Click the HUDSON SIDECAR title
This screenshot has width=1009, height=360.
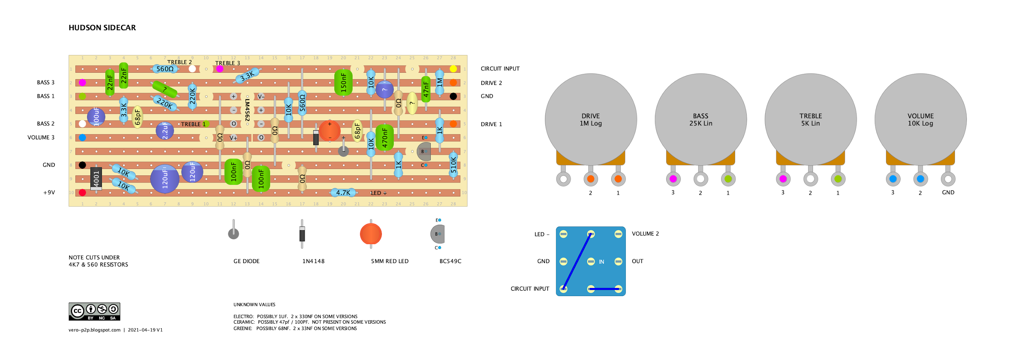click(102, 28)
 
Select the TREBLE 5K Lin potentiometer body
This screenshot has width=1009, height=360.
click(810, 119)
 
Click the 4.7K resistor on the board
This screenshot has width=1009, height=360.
click(343, 192)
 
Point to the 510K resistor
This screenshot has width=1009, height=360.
click(453, 165)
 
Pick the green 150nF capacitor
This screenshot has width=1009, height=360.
click(343, 82)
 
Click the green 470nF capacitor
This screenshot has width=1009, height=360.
click(384, 137)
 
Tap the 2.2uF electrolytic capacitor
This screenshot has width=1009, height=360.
click(165, 131)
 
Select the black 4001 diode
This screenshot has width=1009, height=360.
click(96, 178)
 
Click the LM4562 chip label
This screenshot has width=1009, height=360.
click(247, 110)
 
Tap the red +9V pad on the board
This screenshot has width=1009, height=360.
click(82, 192)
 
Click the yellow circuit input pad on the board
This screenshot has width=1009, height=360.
click(453, 69)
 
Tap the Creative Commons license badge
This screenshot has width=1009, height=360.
click(94, 311)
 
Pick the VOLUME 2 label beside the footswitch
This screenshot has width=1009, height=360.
click(645, 234)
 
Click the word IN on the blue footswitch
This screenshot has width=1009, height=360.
click(601, 262)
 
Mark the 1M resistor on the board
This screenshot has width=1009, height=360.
click(440, 82)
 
